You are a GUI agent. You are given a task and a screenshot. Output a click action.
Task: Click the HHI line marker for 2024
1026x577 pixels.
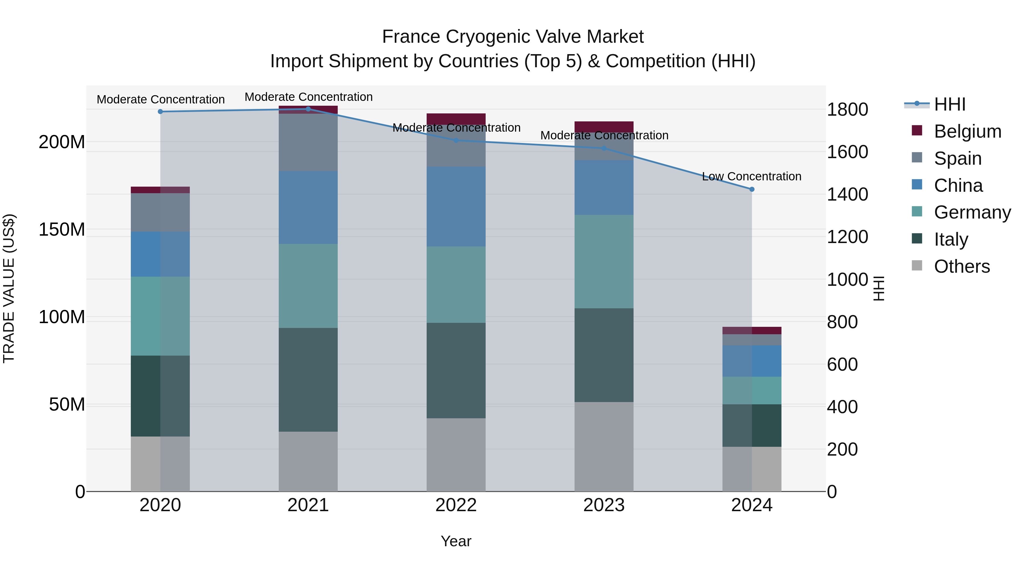(x=752, y=189)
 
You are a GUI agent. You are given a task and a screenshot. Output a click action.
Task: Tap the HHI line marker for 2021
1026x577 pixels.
(x=308, y=109)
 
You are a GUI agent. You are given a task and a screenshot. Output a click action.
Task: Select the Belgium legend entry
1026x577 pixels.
(x=967, y=131)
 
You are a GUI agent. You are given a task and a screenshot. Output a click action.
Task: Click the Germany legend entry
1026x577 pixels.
(x=972, y=212)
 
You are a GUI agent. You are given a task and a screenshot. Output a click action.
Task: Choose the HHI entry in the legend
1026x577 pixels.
(x=950, y=104)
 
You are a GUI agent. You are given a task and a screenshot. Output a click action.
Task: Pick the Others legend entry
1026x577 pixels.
(x=962, y=266)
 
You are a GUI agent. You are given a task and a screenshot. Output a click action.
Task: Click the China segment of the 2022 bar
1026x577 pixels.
(x=456, y=206)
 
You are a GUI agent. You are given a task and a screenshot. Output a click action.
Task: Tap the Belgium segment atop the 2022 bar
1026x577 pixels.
(x=456, y=118)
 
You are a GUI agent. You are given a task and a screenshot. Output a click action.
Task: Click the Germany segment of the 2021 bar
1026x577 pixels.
(x=308, y=286)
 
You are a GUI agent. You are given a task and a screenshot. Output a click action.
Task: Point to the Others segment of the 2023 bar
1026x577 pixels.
(x=604, y=446)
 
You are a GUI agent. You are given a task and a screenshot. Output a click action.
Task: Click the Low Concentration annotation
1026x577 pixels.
(x=751, y=176)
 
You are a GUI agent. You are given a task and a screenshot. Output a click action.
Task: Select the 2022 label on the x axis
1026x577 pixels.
(x=456, y=505)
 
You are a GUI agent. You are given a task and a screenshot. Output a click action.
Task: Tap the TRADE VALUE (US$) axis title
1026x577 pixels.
(x=9, y=289)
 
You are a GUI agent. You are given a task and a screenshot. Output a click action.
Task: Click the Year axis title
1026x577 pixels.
(x=456, y=541)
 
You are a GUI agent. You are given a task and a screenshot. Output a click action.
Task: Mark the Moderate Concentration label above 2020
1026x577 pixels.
(x=160, y=99)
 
